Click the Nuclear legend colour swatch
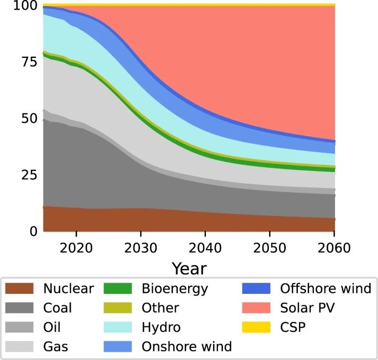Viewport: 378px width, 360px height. tap(20, 288)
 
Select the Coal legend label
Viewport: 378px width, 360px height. tap(57, 308)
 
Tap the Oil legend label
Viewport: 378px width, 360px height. tap(52, 327)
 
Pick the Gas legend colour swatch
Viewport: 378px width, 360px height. tap(20, 346)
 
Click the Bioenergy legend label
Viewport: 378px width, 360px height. tap(174, 288)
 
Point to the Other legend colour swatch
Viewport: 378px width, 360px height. tap(118, 308)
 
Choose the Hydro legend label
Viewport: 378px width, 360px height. tap(161, 327)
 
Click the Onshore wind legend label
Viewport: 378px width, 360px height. tap(187, 346)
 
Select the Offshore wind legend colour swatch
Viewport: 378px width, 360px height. tap(255, 288)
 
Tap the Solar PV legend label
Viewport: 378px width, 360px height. tap(307, 308)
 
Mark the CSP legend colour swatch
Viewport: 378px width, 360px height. tap(255, 327)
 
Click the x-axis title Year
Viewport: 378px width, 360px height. tap(189, 268)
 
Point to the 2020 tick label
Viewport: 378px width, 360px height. tap(76, 247)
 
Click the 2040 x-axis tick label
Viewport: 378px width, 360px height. tap(205, 247)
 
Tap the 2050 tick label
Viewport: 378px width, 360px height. tap(270, 247)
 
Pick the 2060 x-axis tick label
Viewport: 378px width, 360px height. tap(334, 247)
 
